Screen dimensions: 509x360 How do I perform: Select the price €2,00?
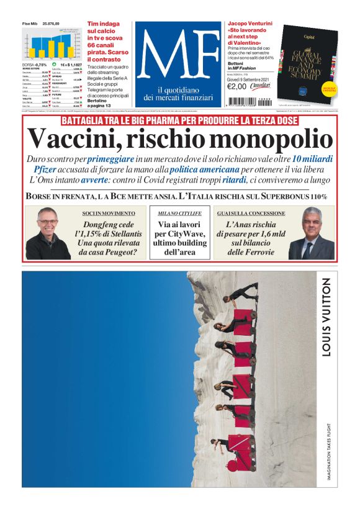pyautogui.click(x=237, y=86)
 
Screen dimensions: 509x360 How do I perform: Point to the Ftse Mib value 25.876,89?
pyautogui.click(x=51, y=24)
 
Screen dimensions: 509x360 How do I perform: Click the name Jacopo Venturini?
pyautogui.click(x=252, y=23)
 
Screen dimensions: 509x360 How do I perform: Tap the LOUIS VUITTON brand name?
pyautogui.click(x=326, y=317)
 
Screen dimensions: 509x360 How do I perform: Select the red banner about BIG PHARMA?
pyautogui.click(x=179, y=120)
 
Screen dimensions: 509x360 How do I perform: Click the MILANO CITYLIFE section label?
pyautogui.click(x=179, y=213)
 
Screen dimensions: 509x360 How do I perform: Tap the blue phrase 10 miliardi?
pyautogui.click(x=312, y=159)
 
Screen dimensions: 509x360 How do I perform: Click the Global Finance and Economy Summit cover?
pyautogui.click(x=308, y=63)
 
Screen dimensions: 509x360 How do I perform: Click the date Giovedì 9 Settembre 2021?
pyautogui.click(x=248, y=78)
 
